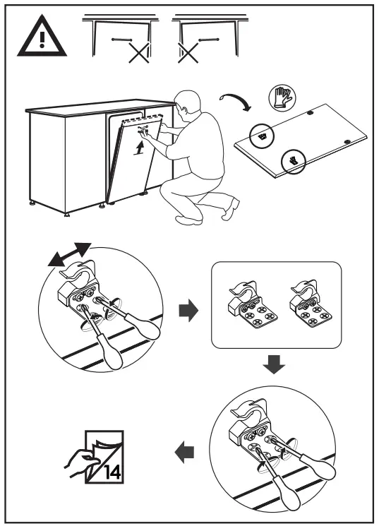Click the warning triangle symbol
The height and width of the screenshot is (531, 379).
coord(42,37)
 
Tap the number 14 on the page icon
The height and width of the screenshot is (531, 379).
coord(113,472)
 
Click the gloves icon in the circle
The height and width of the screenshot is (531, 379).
coord(282,98)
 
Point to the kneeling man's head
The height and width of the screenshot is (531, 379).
coord(188,102)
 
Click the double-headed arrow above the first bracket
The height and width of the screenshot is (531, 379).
coord(70,254)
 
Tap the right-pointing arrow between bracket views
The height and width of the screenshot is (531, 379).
coord(188,310)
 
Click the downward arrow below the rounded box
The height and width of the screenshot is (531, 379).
coord(274,364)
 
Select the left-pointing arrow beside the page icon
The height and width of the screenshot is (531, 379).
coord(184,452)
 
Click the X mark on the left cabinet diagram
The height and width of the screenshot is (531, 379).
coord(139,53)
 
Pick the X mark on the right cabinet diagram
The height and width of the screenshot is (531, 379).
coord(188,53)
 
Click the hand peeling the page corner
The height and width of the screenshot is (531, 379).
coord(81,463)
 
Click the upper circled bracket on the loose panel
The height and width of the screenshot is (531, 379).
coord(261,136)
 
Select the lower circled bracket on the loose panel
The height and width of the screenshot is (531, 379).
coord(293,162)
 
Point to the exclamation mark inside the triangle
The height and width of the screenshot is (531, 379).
coord(42,40)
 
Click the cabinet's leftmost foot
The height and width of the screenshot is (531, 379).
coord(32,203)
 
